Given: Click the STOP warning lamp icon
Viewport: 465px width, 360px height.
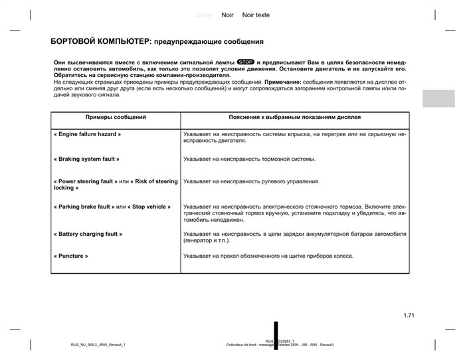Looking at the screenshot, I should pyautogui.click(x=246, y=62).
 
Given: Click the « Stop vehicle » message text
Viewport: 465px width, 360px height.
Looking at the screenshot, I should pyautogui.click(x=149, y=207).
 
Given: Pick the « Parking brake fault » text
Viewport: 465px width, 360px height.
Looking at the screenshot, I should pyautogui.click(x=84, y=207).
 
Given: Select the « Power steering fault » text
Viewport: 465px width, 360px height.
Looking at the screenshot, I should pyautogui.click(x=84, y=181).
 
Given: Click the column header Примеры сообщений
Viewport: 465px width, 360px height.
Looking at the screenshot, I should pyautogui.click(x=116, y=117).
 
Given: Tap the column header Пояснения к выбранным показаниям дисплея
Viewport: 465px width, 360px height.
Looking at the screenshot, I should pyautogui.click(x=295, y=117).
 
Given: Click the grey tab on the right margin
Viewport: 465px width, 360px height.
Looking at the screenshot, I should pyautogui.click(x=438, y=98).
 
